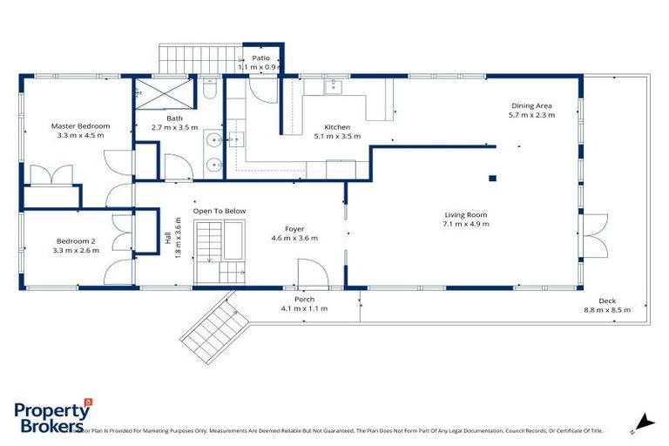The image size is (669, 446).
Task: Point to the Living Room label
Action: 466,214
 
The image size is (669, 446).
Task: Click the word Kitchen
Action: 336,127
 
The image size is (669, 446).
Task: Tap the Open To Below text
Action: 220,211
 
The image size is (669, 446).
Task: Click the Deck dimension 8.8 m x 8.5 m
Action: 606,309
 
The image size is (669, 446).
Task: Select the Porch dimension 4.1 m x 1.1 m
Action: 303,308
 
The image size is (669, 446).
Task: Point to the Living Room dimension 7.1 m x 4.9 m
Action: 466,224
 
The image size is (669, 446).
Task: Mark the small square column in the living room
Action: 492,179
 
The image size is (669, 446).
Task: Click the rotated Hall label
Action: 167,238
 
